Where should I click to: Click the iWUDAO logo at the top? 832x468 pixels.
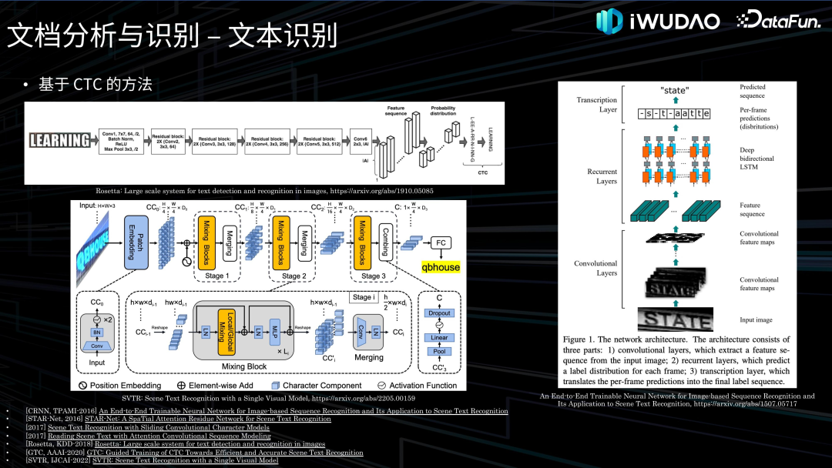point(659,21)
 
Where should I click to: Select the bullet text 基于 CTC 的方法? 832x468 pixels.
point(96,85)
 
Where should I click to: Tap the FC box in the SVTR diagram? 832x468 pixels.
point(440,242)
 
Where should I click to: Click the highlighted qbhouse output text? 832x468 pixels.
point(440,267)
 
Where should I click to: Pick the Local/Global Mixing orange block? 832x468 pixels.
point(229,326)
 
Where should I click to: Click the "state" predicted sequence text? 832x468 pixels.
point(675,90)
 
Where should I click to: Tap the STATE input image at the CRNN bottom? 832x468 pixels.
point(674,318)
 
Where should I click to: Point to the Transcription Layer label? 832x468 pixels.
point(597,105)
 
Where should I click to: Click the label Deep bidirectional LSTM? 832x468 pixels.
point(757,159)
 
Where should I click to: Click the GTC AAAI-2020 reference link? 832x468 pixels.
point(230,453)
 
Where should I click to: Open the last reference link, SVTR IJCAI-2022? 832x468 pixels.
point(185,460)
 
